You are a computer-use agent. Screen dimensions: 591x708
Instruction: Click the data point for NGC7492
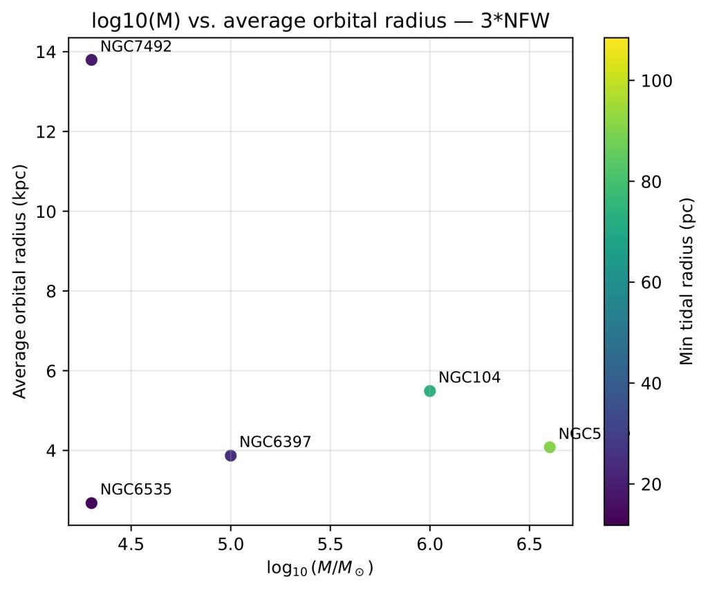click(x=91, y=59)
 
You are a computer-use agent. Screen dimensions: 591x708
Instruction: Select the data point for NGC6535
click(x=91, y=503)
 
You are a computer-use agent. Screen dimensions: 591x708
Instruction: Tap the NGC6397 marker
click(x=230, y=455)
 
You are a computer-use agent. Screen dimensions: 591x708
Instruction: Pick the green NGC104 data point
click(x=429, y=391)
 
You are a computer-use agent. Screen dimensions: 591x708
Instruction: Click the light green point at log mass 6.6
click(x=550, y=447)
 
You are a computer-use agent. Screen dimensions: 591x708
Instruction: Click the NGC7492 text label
click(x=136, y=46)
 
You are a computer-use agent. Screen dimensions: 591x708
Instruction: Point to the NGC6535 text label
click(x=136, y=489)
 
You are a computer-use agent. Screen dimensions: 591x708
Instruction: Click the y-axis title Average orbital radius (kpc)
click(x=20, y=281)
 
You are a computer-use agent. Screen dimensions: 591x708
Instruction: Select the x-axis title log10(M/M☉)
click(x=320, y=568)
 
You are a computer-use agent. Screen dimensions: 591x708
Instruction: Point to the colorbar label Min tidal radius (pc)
click(x=686, y=281)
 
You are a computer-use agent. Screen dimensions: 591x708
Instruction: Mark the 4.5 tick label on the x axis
click(x=131, y=544)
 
